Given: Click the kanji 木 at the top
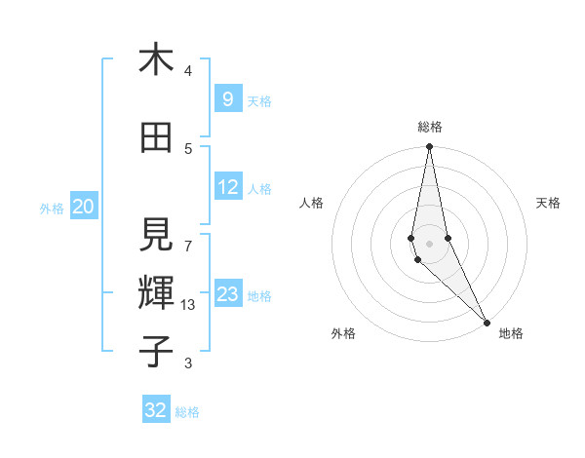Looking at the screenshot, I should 155,60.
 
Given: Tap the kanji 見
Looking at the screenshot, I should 156,234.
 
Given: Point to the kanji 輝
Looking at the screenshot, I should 156,291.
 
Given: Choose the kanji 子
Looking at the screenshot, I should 156,350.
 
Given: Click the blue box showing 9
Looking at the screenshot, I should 227,99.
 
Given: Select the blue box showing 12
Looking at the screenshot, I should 228,187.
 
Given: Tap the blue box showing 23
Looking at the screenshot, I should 228,294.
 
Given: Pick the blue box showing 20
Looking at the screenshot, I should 83,207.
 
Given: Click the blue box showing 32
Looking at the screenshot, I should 156,410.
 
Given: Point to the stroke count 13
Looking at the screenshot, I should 188,305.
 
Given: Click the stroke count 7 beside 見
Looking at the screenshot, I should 188,237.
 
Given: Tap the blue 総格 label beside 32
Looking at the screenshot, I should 187,412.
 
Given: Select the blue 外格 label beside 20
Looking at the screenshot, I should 52,208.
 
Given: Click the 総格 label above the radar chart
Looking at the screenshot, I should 429,127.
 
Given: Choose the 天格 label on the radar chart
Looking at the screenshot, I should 549,203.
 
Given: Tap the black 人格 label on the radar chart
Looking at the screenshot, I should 311,203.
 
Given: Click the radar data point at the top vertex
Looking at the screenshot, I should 429,147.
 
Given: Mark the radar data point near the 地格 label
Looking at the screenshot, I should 487,321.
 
